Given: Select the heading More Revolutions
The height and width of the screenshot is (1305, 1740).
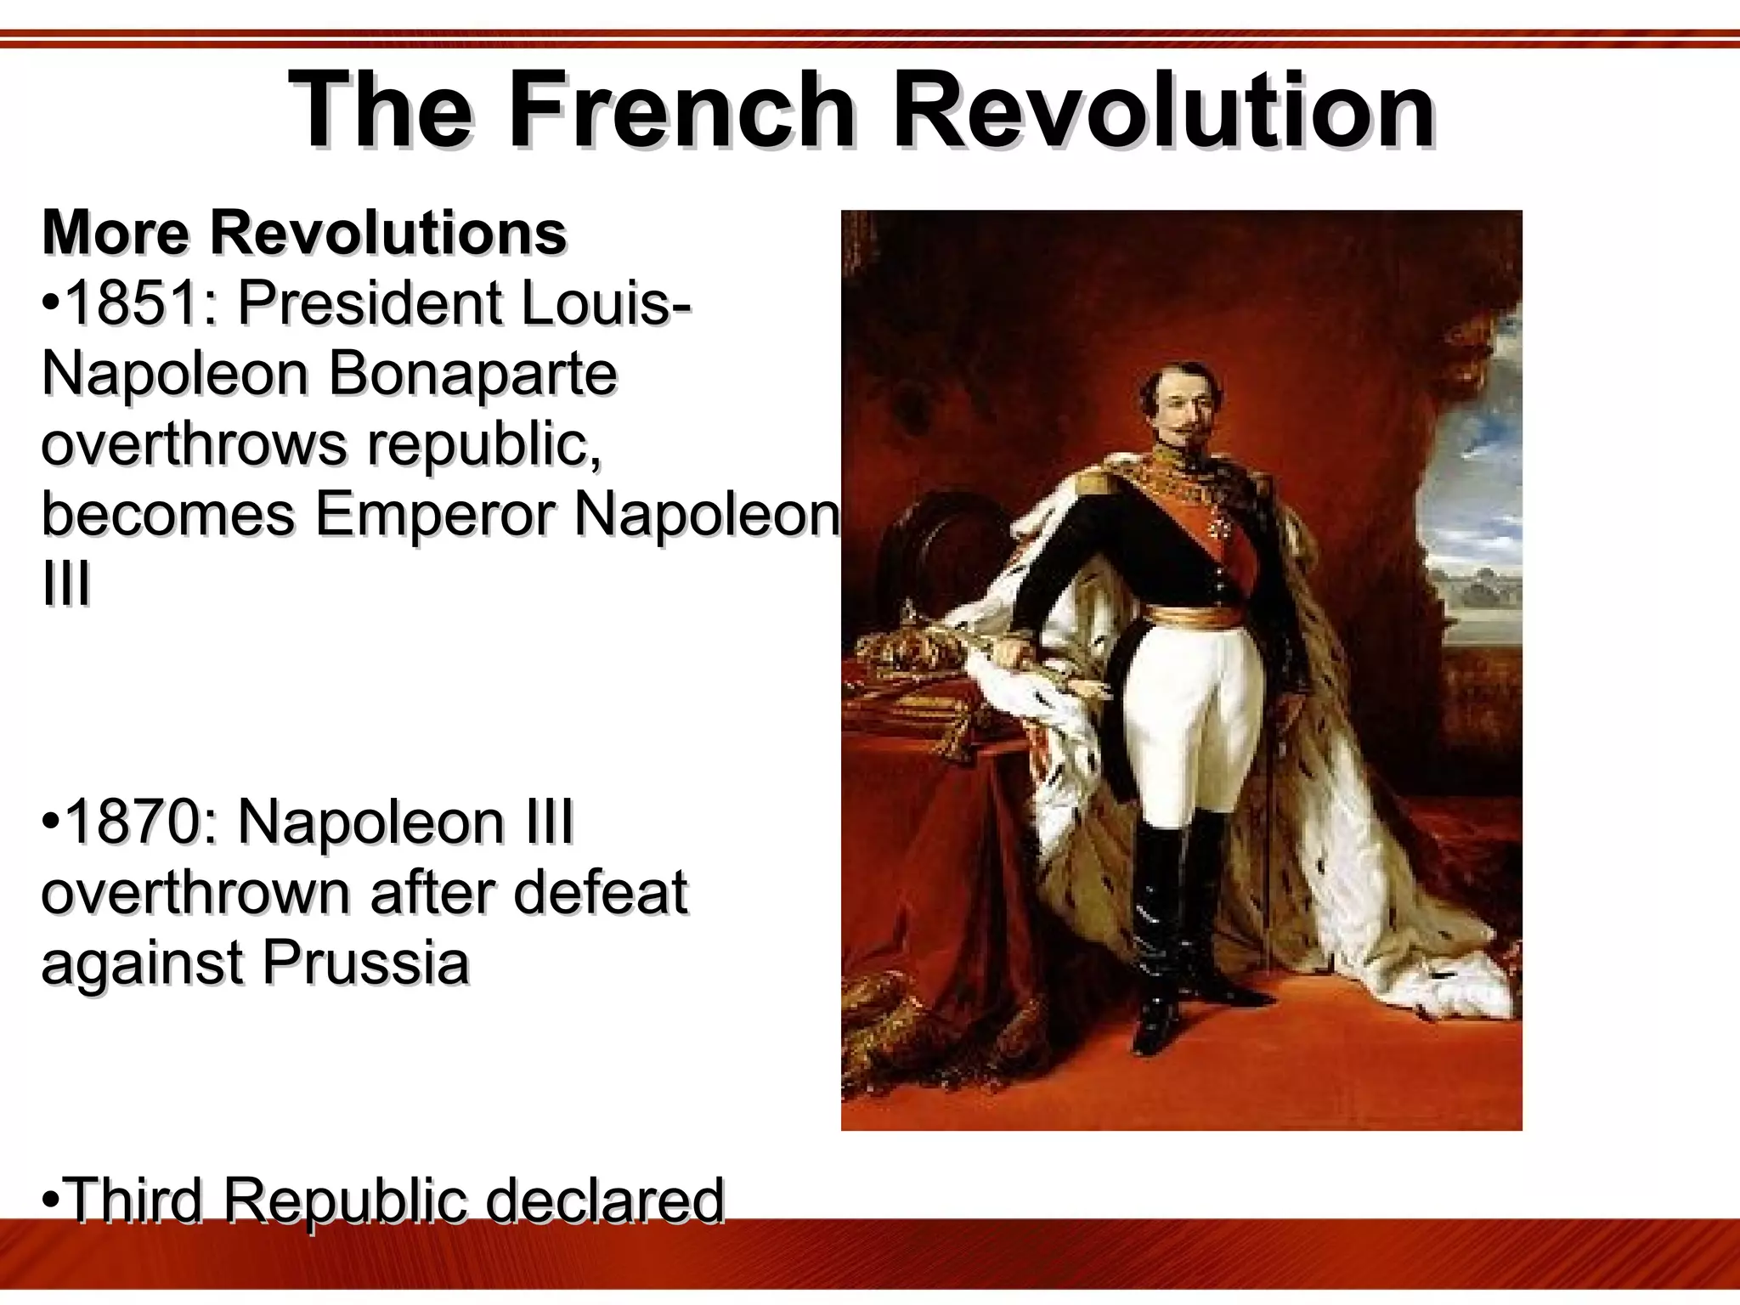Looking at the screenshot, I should tap(304, 232).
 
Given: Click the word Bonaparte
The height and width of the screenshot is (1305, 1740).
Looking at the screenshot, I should tap(472, 374).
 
